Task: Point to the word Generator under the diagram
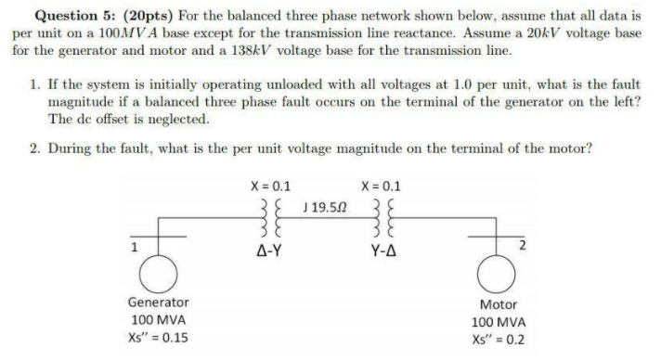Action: (x=159, y=302)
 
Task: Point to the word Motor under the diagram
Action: (x=504, y=304)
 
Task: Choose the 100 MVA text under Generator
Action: (x=158, y=319)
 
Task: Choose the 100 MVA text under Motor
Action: (x=503, y=321)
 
